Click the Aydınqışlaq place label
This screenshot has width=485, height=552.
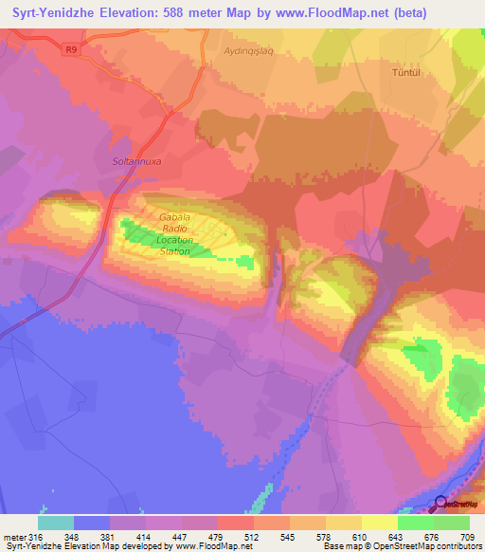pos(247,51)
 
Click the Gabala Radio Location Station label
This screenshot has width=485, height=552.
pos(175,233)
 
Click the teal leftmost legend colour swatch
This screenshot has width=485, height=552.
pos(56,523)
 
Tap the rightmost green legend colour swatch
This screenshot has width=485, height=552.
pos(452,523)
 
